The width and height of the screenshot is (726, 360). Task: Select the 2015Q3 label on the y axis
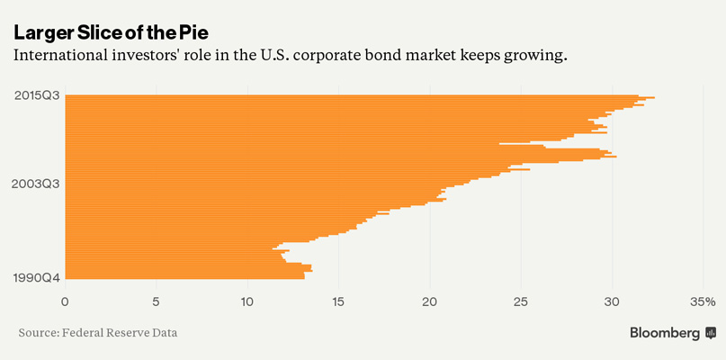coord(37,95)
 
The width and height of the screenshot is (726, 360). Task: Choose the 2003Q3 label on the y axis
coord(37,184)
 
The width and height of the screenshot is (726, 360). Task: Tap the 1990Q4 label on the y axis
coord(37,277)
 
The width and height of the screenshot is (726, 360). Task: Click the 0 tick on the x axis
coord(65,301)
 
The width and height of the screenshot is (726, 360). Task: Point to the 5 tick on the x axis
coord(157,301)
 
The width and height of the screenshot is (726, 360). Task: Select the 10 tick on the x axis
coord(247,301)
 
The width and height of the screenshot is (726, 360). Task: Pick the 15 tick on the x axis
coord(338,301)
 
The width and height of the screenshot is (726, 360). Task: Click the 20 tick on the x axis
coord(430,301)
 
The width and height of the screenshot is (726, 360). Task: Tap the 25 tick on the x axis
coord(521,301)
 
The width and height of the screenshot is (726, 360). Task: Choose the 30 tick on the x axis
coord(613,301)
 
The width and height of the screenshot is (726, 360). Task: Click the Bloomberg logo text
coord(665,333)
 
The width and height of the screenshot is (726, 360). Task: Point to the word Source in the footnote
coord(37,333)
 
